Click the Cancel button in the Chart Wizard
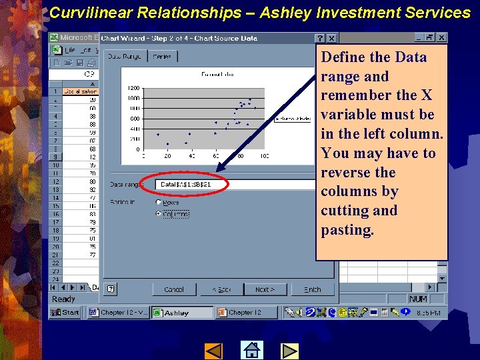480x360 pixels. tap(174, 289)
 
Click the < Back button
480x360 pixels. tap(221, 289)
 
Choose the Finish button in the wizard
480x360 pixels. tap(312, 289)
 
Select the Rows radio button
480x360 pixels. tap(159, 202)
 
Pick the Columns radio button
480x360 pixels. tap(159, 214)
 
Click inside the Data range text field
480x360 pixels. tap(193, 184)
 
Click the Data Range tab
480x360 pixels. tap(125, 57)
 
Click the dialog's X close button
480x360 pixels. tap(331, 39)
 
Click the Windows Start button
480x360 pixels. tap(66, 312)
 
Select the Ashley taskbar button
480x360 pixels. tap(182, 312)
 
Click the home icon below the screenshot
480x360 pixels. tap(251, 350)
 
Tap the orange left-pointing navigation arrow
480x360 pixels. tap(213, 350)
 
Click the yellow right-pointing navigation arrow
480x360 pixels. tap(289, 350)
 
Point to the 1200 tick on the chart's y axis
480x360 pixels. tap(133, 87)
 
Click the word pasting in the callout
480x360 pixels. tap(347, 230)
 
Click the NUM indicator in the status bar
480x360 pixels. tap(418, 299)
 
